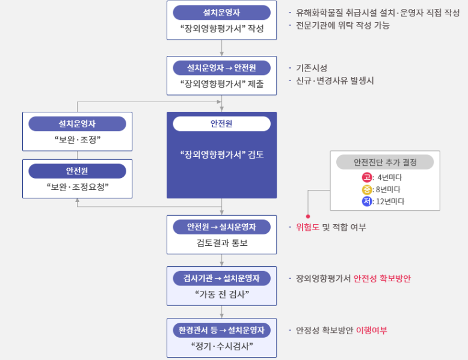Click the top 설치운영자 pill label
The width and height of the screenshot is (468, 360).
tap(221, 13)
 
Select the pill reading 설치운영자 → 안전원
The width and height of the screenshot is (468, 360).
tap(221, 68)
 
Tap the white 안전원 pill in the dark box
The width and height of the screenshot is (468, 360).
tap(221, 123)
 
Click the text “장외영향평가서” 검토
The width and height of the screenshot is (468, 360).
tap(222, 154)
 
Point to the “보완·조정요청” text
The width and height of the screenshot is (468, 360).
tap(78, 187)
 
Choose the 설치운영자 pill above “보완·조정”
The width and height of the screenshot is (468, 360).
tap(78, 124)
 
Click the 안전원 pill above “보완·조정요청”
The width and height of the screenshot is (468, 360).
tap(78, 171)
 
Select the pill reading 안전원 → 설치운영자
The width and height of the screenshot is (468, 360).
tap(221, 227)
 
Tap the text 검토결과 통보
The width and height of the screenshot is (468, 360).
tap(222, 243)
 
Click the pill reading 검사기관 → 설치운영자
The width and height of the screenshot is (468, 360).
tap(221, 278)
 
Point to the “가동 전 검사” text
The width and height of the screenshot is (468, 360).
tap(222, 294)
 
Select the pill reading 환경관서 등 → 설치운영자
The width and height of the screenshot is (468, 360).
tap(221, 330)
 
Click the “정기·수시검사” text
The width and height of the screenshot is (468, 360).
tap(222, 346)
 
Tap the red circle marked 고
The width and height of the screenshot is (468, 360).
tap(367, 177)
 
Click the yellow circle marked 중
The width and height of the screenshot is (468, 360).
tap(367, 189)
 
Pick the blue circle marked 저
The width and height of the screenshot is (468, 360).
tap(367, 201)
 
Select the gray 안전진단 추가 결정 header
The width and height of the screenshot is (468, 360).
tap(385, 162)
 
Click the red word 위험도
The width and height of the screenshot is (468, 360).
tap(307, 227)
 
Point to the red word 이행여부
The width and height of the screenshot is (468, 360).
tap(372, 330)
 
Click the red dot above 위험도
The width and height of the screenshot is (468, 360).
tap(308, 216)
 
